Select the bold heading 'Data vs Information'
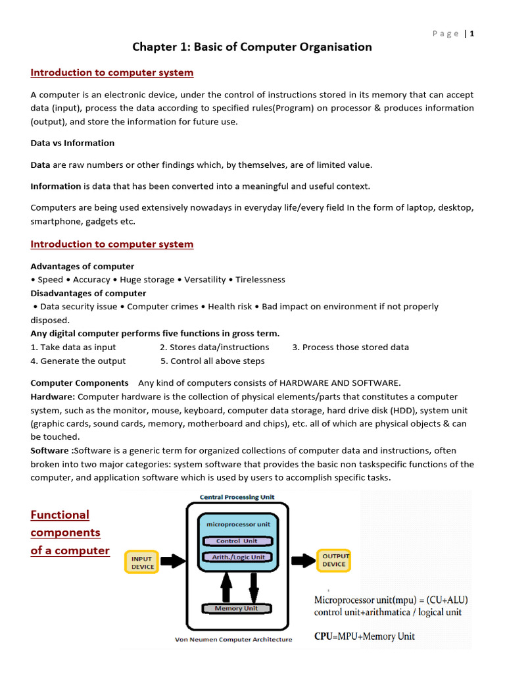coord(72,143)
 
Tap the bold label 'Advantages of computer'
coord(82,267)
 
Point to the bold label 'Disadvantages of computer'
coord(88,294)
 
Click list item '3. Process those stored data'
coord(350,347)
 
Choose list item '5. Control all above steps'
coord(212,361)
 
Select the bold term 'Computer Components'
coord(80,382)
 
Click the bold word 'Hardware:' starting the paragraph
coord(53,396)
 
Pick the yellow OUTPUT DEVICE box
coord(334,560)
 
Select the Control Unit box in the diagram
coord(236,541)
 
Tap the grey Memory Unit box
coord(236,609)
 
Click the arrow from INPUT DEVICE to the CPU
coord(174,561)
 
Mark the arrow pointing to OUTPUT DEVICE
coord(302,561)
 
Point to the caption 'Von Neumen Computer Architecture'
coord(233,639)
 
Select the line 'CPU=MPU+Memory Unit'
coord(364,636)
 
